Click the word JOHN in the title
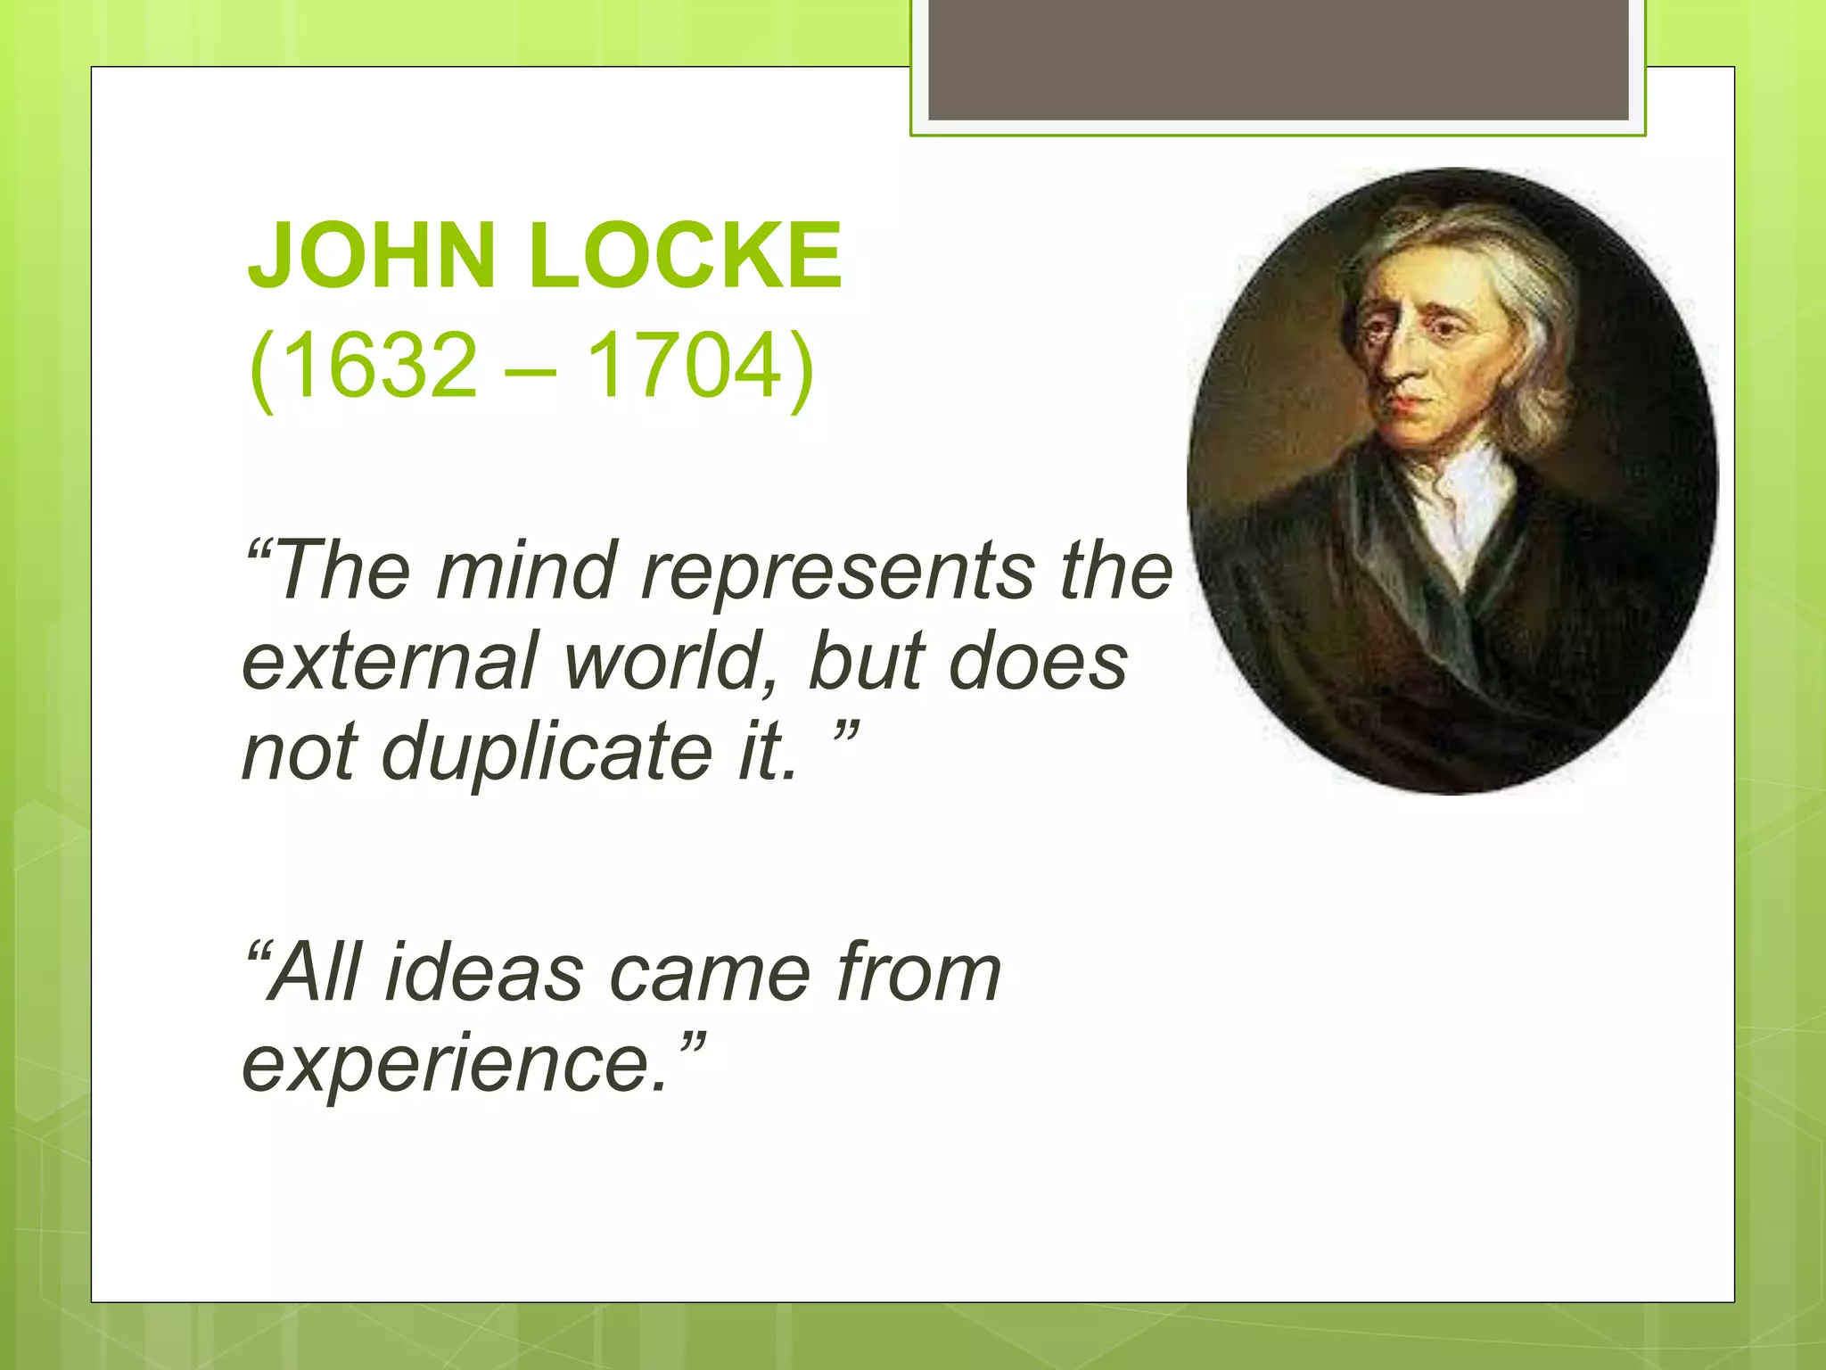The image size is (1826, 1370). click(x=371, y=257)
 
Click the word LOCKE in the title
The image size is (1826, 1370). click(x=685, y=257)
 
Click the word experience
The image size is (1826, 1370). click(x=455, y=1066)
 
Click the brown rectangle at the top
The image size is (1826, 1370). click(x=1278, y=60)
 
